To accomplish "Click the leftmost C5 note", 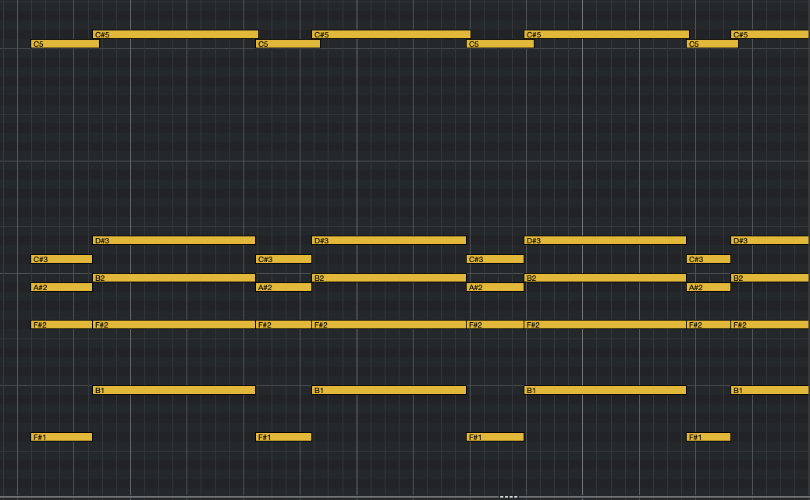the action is click(x=65, y=44).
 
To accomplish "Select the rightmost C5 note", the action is click(x=712, y=44).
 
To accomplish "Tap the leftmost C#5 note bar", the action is click(x=176, y=34).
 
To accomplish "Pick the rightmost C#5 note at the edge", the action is click(x=770, y=34).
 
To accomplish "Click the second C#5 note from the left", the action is click(x=391, y=34).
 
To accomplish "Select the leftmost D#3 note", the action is click(x=174, y=240).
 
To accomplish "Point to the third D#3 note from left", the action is click(x=605, y=240).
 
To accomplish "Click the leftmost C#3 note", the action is click(x=62, y=259).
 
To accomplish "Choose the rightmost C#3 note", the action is click(x=709, y=259).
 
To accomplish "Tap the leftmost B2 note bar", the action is click(x=174, y=278).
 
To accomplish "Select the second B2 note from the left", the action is click(x=389, y=278).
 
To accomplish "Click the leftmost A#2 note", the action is click(x=62, y=287).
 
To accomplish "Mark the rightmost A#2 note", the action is click(x=709, y=287).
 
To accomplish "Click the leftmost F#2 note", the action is click(x=62, y=324).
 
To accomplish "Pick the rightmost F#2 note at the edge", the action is click(x=770, y=324).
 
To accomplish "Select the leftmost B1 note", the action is click(x=174, y=390).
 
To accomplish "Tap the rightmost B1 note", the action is click(x=770, y=390).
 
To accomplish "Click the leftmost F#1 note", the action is click(x=62, y=437).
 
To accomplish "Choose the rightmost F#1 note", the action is click(x=709, y=437).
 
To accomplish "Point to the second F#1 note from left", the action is click(x=283, y=437).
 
